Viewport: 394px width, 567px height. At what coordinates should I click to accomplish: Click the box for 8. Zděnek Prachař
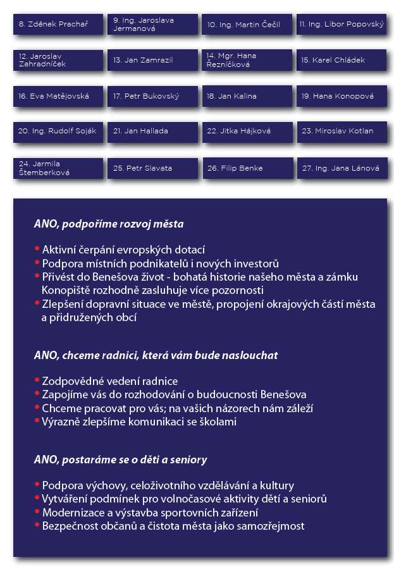coord(58,24)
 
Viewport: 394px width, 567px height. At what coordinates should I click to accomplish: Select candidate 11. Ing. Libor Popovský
coord(342,24)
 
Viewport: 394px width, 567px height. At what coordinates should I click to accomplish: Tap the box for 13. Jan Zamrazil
coord(152,60)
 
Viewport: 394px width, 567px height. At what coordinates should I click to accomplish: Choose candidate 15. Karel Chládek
coord(342,60)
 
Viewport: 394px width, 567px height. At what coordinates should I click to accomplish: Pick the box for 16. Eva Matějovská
coord(58,96)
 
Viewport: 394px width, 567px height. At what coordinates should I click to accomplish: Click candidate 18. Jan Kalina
coord(247,96)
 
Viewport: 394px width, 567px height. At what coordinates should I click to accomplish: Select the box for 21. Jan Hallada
coord(152,131)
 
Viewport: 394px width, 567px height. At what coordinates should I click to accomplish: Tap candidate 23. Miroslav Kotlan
coord(342,131)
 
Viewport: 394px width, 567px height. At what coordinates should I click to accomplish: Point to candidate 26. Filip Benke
coord(247,168)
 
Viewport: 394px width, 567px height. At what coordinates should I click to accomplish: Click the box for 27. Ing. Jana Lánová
coord(342,168)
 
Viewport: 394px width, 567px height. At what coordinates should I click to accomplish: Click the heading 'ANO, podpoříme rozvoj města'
coord(109,224)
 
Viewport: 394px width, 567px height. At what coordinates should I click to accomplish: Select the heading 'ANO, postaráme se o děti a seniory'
coord(120,460)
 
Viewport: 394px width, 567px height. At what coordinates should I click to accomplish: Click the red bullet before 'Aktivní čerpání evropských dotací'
coord(37,250)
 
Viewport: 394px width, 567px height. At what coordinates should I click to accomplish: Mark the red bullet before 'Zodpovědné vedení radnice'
coord(37,382)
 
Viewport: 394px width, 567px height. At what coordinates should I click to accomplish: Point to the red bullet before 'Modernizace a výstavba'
coord(37,513)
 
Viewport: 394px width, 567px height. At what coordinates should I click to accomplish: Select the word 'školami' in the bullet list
coord(219,422)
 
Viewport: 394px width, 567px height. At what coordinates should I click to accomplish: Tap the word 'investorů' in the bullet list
coord(258,264)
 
